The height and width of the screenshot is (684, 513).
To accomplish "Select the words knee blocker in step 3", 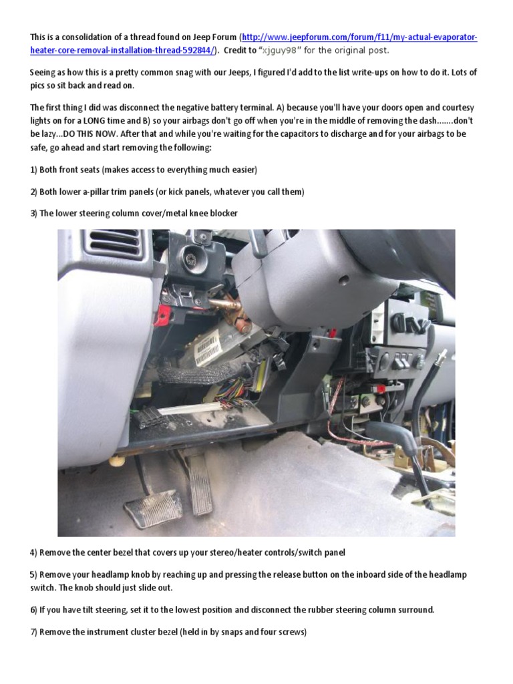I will [x=211, y=213].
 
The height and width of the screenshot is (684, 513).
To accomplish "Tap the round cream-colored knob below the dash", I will [x=118, y=462].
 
